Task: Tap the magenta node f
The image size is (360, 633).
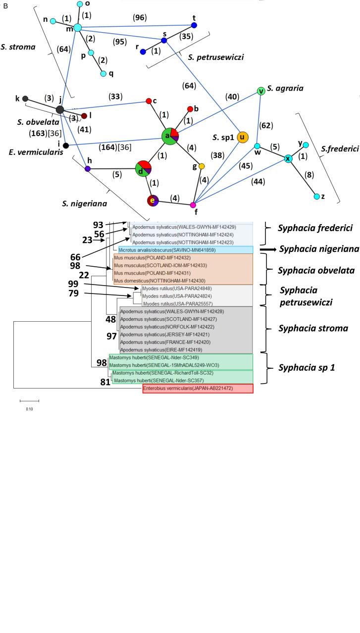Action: [x=193, y=205]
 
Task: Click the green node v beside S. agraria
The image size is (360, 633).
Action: [x=261, y=91]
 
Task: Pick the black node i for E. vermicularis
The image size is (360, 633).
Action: [x=66, y=146]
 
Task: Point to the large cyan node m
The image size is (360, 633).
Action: [x=77, y=28]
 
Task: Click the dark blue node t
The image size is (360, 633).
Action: [x=194, y=25]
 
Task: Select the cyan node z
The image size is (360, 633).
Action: [x=317, y=196]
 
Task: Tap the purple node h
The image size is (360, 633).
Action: [x=88, y=169]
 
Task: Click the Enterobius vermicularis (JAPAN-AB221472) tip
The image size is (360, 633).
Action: [x=197, y=389]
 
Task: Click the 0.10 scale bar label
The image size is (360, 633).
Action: [x=23, y=409]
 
